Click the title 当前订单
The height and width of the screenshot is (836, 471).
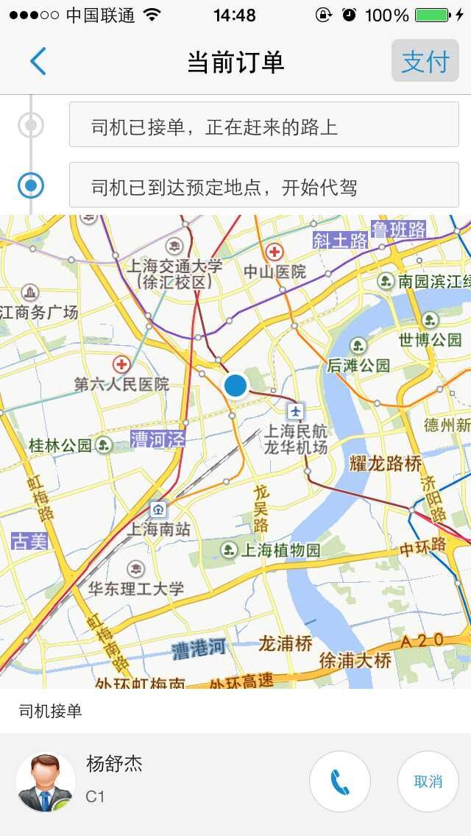(235, 62)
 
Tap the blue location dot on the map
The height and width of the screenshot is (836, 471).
(235, 385)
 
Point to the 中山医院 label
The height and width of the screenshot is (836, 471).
(275, 271)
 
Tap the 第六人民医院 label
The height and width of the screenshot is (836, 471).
(121, 383)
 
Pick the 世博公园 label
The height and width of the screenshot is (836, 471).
(430, 339)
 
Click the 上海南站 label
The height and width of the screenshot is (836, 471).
(159, 528)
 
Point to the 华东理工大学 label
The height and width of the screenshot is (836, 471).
(136, 588)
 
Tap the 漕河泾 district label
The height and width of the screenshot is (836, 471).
(157, 439)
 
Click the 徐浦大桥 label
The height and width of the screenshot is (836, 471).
(355, 660)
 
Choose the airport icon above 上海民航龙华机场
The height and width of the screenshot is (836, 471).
(296, 410)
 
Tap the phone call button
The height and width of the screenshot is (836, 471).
(339, 782)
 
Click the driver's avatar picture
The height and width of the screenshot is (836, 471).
(46, 782)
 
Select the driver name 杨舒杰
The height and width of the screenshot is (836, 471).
(114, 764)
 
